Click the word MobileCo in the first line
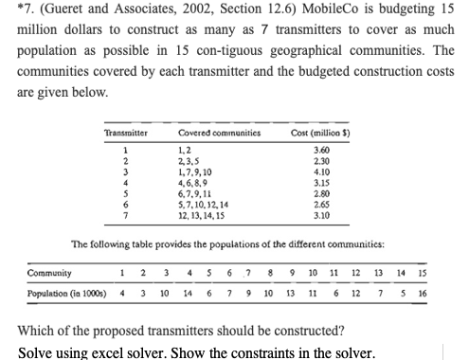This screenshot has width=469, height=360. click(x=336, y=11)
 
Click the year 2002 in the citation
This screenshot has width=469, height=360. click(x=194, y=11)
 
